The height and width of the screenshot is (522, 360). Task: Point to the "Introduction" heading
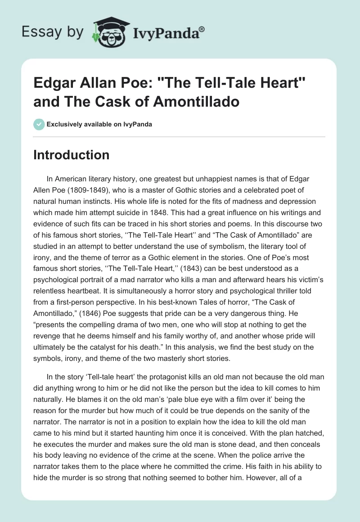[72, 155]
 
